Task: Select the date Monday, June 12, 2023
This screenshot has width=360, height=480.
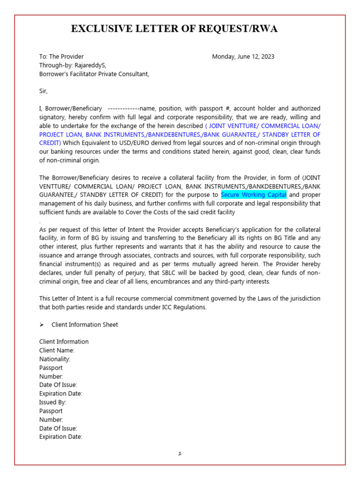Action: click(x=243, y=57)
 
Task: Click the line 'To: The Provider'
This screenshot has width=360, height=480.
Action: click(x=61, y=57)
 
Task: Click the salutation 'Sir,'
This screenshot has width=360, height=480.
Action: click(x=44, y=91)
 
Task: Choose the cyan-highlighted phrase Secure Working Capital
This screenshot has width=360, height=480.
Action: click(x=254, y=195)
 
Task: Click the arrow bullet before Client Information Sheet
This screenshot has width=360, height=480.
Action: click(x=42, y=325)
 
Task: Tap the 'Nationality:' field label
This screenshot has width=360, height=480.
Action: click(x=55, y=359)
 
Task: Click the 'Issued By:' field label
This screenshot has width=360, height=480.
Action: click(x=52, y=402)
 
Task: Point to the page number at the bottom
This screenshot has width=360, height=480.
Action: click(x=180, y=454)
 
